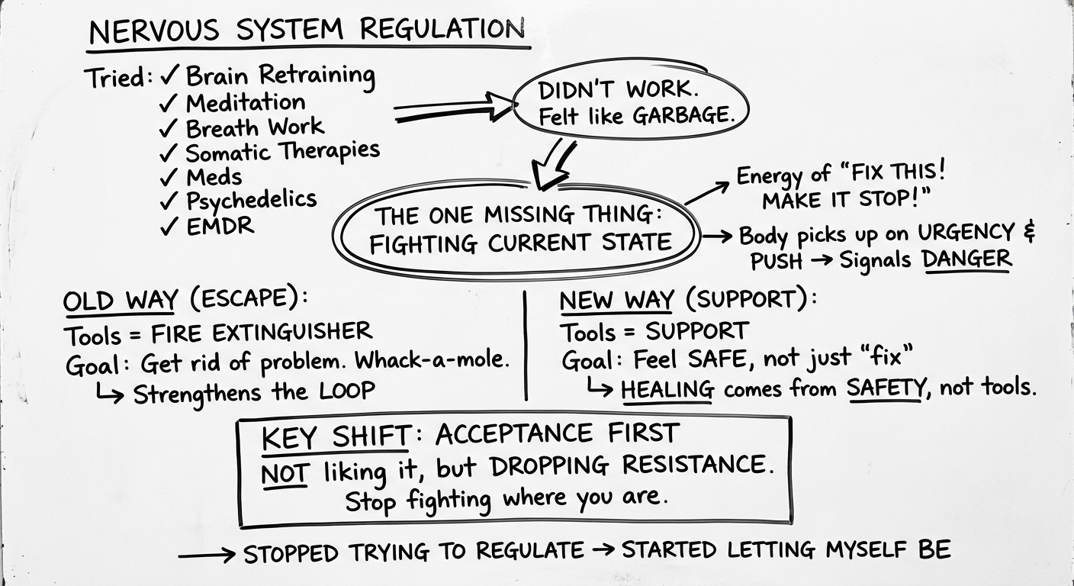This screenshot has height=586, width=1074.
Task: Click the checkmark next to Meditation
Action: (169, 102)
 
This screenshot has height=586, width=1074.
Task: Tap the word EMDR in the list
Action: (220, 226)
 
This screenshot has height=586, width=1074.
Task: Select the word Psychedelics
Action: (251, 201)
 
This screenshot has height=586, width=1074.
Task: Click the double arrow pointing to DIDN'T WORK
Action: (454, 109)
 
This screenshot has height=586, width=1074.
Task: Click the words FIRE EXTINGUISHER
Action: (262, 333)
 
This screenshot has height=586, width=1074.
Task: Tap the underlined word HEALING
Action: (667, 389)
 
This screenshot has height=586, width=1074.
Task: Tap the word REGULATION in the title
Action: (442, 31)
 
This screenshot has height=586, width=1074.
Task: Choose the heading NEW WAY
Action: (616, 301)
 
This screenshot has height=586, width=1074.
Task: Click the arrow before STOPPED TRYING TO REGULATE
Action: (206, 555)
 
